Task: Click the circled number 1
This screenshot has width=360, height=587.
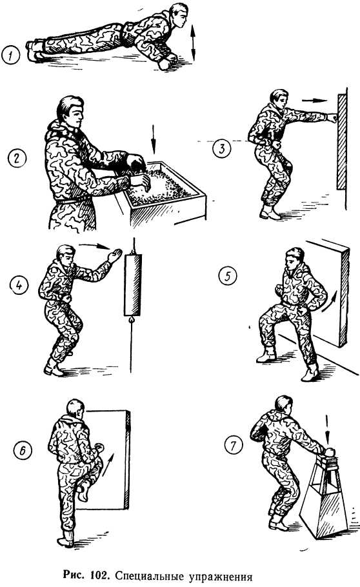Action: (10, 57)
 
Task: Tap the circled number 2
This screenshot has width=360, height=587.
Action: (17, 158)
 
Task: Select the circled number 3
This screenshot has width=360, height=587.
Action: (222, 148)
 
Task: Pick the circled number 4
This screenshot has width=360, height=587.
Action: (19, 285)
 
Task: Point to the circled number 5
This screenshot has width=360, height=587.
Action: (228, 276)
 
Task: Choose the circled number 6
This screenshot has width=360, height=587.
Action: (23, 450)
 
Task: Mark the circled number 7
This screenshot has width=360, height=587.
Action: (234, 446)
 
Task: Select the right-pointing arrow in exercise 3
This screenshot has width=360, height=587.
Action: (314, 101)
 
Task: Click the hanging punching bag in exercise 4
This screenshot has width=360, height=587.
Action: (133, 285)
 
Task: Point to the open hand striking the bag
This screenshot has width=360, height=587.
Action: (114, 255)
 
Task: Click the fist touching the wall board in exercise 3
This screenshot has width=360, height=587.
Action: (332, 118)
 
